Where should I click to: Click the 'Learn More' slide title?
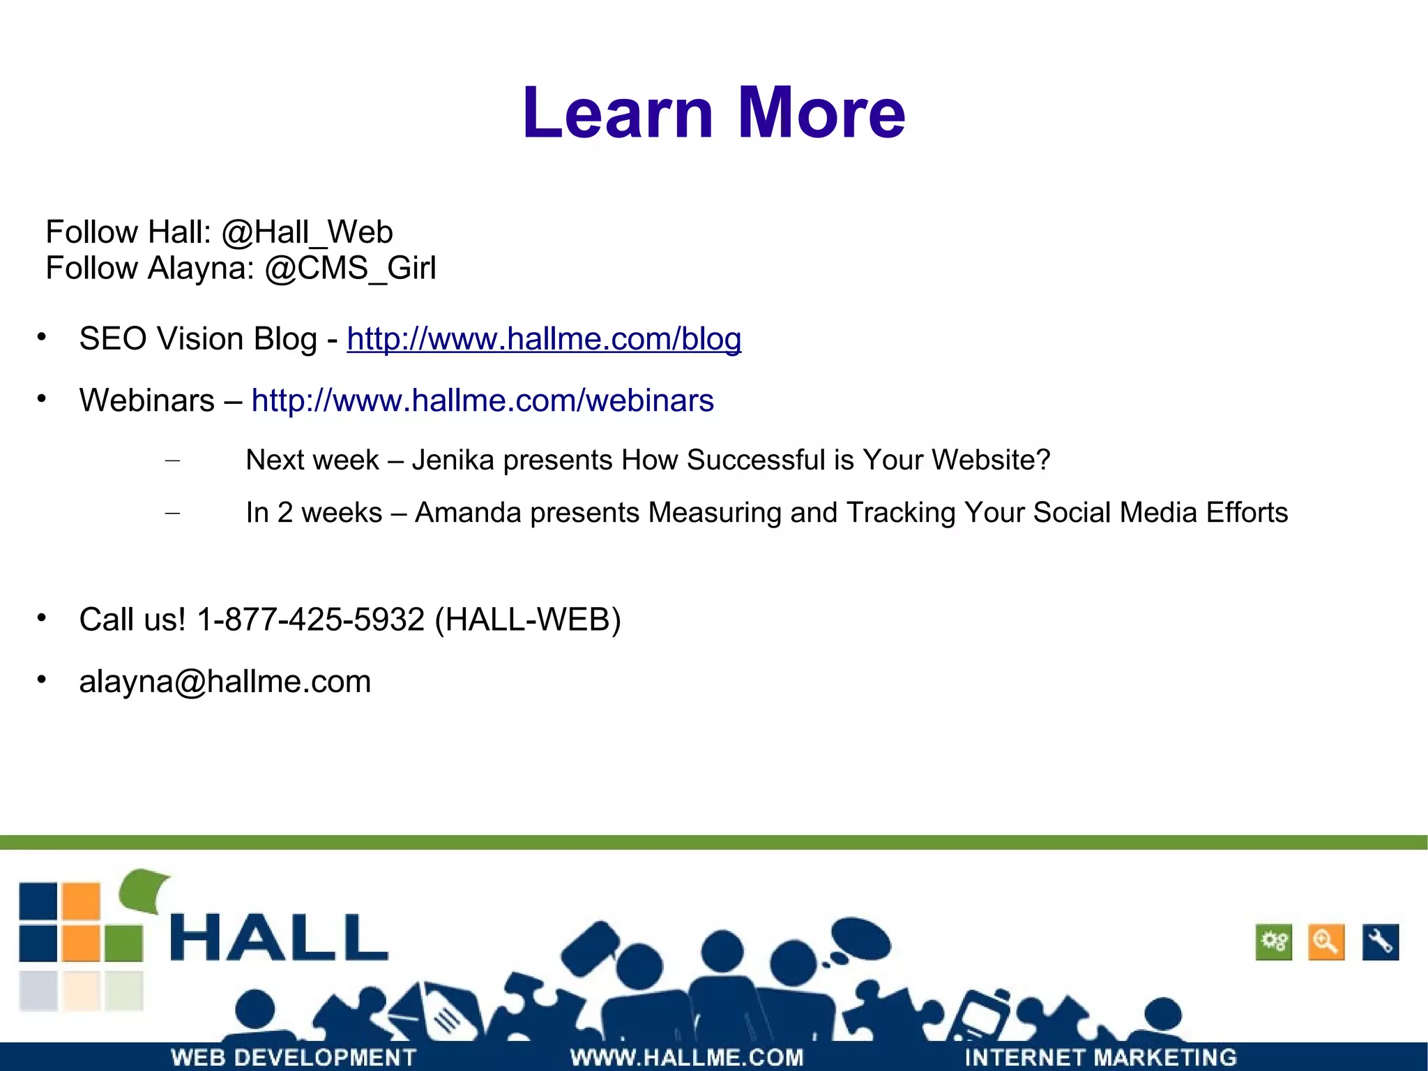(713, 113)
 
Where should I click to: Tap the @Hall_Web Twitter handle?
(307, 232)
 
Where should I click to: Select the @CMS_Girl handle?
(350, 269)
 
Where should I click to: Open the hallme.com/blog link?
(544, 339)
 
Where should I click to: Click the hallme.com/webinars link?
(483, 400)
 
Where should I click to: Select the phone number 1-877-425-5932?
(311, 620)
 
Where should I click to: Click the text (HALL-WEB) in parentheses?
(527, 620)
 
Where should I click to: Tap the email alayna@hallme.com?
(225, 682)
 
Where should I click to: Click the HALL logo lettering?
(279, 938)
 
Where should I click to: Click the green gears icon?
(1274, 942)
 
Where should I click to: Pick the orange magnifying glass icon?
(1326, 942)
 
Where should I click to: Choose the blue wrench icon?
(1380, 942)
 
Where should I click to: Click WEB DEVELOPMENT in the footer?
(294, 1057)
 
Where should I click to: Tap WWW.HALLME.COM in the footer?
(687, 1057)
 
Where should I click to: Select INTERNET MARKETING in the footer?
(1100, 1057)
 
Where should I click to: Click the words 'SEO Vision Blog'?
(198, 339)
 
